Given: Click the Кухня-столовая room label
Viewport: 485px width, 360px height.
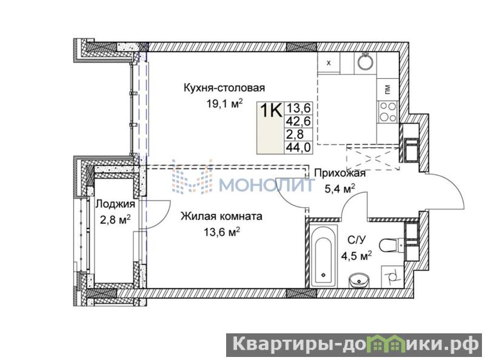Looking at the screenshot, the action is click(224, 88).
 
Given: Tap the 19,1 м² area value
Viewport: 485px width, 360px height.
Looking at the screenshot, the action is click(224, 104).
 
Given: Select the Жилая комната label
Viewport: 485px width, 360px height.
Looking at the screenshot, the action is click(221, 216).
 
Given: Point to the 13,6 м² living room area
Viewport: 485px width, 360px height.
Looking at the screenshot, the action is click(221, 232).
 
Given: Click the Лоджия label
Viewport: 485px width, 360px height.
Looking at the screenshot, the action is click(115, 204).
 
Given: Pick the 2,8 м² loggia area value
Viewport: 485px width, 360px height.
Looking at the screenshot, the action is click(115, 219).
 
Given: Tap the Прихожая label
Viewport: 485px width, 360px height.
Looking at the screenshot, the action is click(339, 173).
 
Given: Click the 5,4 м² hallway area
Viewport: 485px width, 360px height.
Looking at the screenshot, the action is click(339, 188).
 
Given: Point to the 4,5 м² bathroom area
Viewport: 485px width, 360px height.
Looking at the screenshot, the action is click(356, 256).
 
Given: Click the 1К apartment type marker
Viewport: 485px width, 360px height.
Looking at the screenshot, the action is click(271, 110).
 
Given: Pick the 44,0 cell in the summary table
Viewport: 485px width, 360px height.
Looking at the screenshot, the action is click(298, 147).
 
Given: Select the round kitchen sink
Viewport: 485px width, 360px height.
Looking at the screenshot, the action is click(366, 62).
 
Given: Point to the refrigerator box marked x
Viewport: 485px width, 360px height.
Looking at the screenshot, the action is click(329, 63).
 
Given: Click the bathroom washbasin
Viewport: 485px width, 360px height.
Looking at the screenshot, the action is click(359, 281).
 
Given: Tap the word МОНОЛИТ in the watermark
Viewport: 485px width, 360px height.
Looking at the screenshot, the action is click(267, 185).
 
